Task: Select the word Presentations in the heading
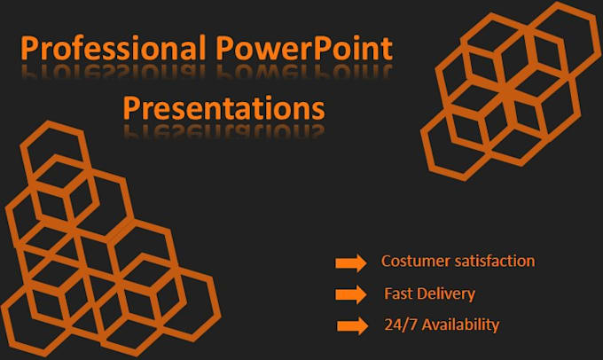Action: pos(223,109)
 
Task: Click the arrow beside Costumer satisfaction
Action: pos(350,263)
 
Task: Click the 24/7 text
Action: pos(398,325)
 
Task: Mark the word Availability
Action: pos(462,325)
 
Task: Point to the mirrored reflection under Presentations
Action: pos(223,133)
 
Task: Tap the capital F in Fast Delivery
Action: pos(388,293)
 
